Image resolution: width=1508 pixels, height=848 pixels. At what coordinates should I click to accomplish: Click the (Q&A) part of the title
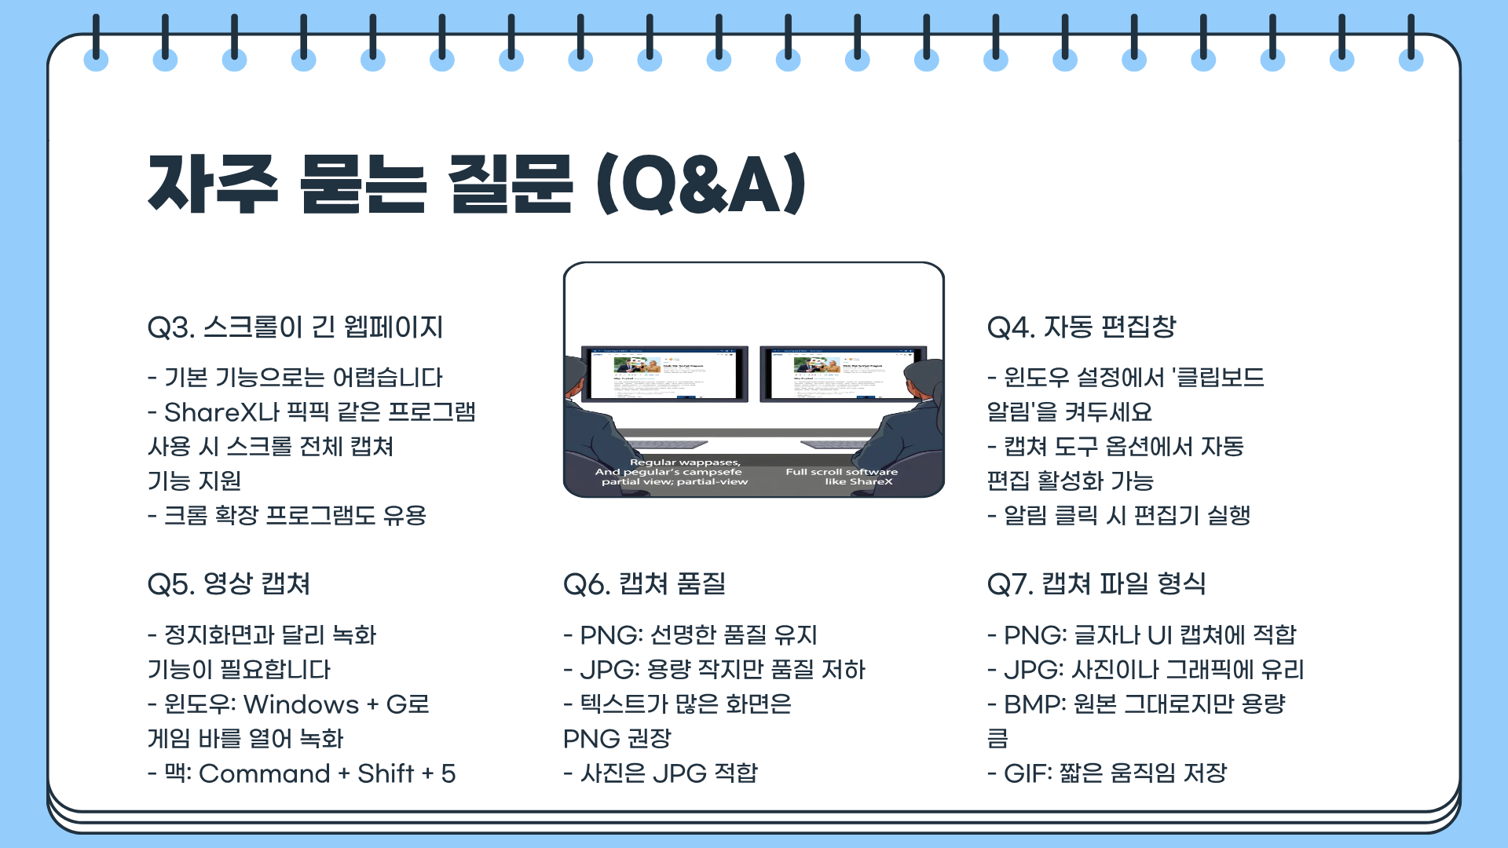701,185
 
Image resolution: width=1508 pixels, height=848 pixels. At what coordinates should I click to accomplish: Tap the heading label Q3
170,327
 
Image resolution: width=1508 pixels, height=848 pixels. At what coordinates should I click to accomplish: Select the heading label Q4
1010,327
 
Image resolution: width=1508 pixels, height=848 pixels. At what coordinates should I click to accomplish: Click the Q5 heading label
170,584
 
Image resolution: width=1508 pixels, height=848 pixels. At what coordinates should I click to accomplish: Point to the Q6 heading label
586,584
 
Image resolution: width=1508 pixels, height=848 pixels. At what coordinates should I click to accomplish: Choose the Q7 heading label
1009,584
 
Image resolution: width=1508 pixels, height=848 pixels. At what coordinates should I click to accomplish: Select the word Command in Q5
265,773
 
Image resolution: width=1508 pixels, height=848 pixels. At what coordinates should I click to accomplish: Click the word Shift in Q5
386,773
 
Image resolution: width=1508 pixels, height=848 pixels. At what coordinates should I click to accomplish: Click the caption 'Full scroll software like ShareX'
842,477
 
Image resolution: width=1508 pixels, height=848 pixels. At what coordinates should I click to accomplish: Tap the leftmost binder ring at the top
96,47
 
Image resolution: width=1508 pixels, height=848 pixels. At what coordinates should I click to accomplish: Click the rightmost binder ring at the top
1411,47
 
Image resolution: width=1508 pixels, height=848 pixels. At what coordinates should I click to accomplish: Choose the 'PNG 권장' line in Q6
617,739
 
